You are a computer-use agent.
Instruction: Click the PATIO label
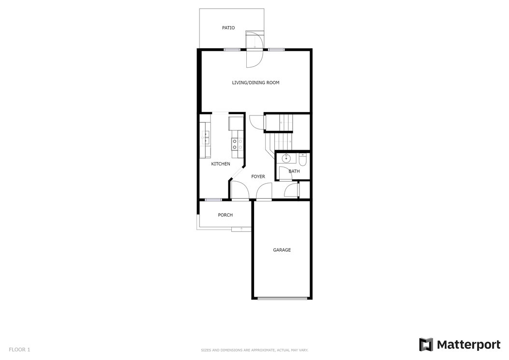tap(228, 28)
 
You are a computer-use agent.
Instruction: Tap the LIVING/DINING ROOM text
tap(255, 83)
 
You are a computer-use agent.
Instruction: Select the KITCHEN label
tap(221, 164)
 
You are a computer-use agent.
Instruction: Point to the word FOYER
tap(258, 176)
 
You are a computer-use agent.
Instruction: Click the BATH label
tap(294, 171)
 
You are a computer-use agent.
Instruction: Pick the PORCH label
tap(226, 215)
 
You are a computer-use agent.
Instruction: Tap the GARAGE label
tap(282, 250)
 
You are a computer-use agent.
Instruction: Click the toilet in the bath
tap(302, 159)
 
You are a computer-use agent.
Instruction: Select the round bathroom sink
tap(286, 158)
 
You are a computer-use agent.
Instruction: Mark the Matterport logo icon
tap(426, 345)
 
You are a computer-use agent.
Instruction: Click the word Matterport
tap(469, 345)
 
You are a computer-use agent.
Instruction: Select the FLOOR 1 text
tap(19, 349)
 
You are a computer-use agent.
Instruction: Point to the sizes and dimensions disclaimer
tap(254, 350)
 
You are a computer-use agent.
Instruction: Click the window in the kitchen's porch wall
tap(213, 200)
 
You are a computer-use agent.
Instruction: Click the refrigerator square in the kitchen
tap(234, 123)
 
